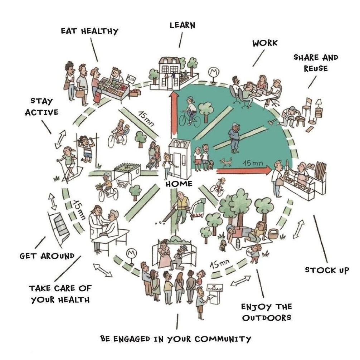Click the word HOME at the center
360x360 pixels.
click(x=179, y=184)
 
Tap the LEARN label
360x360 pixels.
click(x=182, y=25)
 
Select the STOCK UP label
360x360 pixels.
click(x=327, y=270)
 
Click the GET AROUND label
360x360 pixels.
click(x=47, y=256)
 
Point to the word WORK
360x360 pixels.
click(x=265, y=43)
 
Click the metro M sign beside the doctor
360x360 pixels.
click(x=132, y=253)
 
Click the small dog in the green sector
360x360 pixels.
click(x=225, y=163)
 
